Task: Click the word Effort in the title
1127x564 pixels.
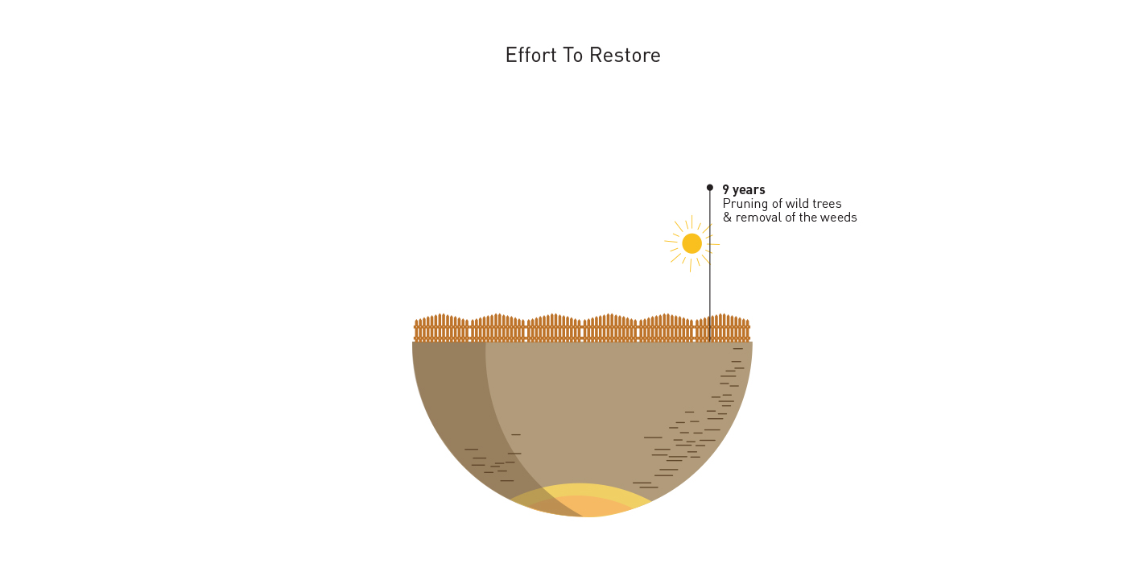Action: tap(530, 56)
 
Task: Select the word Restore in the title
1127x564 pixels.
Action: tap(625, 56)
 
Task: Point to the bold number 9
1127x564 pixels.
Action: tap(726, 190)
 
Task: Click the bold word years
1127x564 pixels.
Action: tap(749, 191)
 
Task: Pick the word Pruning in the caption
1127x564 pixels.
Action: tap(745, 205)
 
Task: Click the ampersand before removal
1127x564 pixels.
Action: tap(727, 218)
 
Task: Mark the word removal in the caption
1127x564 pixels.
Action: tap(758, 218)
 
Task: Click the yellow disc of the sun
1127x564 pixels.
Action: tap(691, 243)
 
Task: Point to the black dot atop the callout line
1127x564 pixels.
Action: tap(710, 187)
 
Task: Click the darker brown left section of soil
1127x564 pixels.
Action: tap(452, 403)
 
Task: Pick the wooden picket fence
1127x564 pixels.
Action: tap(581, 328)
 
